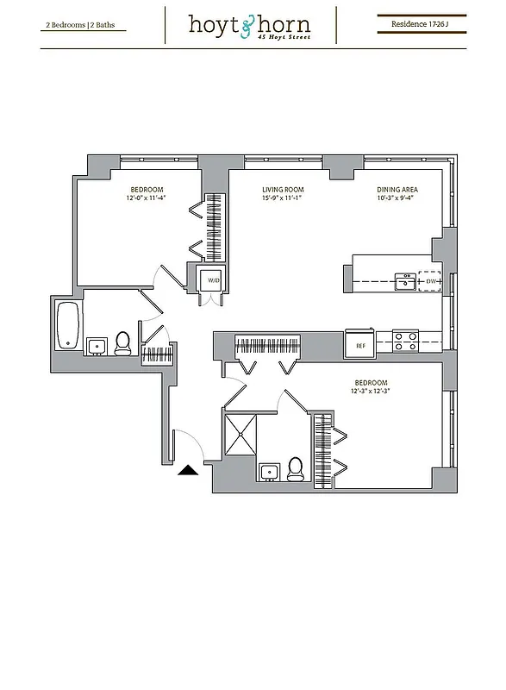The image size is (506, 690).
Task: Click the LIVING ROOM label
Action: [x=283, y=190]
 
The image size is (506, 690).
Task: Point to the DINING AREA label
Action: [x=397, y=190]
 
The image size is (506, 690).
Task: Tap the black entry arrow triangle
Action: [x=187, y=470]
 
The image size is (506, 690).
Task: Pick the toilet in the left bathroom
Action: [x=122, y=343]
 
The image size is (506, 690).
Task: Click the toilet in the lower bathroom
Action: [x=296, y=468]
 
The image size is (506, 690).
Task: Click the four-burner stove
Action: [x=405, y=341]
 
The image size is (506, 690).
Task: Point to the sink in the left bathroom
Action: [x=97, y=346]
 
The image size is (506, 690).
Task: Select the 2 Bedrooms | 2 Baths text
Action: [x=80, y=26]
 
